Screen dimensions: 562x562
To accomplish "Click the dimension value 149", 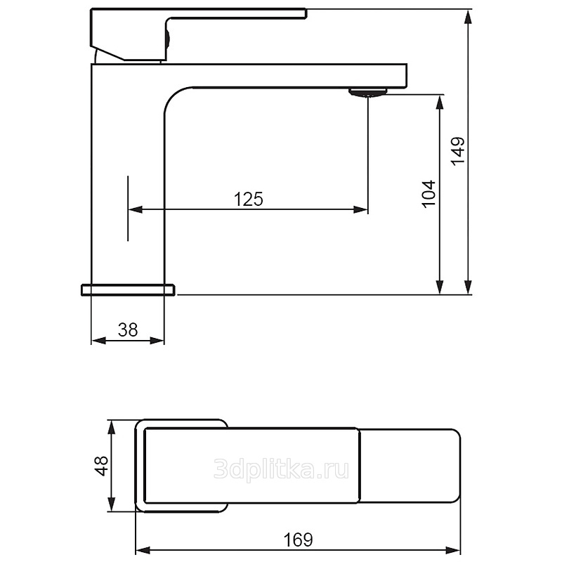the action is (457, 151).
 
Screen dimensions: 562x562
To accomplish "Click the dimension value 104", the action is (429, 194).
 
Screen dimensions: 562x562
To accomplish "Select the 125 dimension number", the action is (249, 199).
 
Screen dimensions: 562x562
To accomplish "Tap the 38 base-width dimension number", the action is (128, 329).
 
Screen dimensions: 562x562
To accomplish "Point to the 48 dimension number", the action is (101, 466).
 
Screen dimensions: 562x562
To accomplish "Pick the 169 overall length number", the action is (298, 540).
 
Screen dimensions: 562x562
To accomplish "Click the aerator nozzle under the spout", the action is (368, 92).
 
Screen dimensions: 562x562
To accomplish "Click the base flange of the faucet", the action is (129, 289).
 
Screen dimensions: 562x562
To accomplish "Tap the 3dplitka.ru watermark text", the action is (282, 469).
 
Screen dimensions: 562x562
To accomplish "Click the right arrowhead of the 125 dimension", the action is (360, 209).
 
